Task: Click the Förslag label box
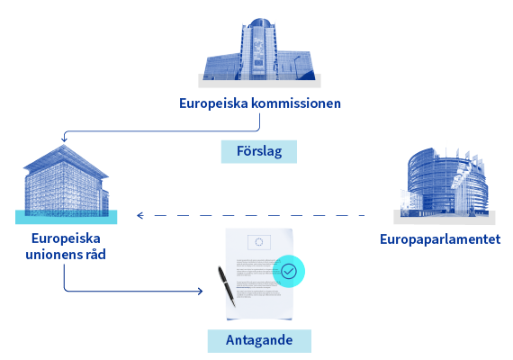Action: [x=259, y=151]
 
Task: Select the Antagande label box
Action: [x=259, y=341]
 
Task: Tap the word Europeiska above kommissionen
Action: [x=213, y=103]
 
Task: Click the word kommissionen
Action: [x=296, y=103]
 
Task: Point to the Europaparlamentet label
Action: [x=440, y=240]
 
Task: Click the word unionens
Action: [x=54, y=255]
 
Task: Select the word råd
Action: [x=95, y=254]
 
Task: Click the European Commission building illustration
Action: [x=259, y=49]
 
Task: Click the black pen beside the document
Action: [x=227, y=286]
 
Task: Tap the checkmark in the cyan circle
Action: [x=289, y=271]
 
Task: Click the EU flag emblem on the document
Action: [x=259, y=242]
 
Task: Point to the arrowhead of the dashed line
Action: [x=140, y=215]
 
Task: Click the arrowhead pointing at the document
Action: [x=200, y=291]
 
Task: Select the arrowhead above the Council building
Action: [x=64, y=139]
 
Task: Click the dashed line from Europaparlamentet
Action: [x=250, y=215]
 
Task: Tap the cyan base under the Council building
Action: [x=66, y=217]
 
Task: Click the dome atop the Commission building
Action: [x=260, y=23]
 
